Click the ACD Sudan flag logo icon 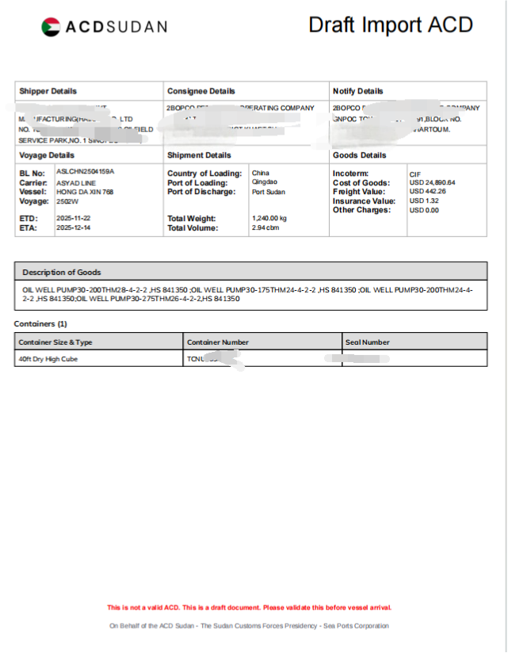tap(51, 27)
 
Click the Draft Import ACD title tap(390, 25)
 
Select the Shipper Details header tap(48, 91)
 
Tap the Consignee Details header tap(201, 91)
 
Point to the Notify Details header tap(358, 91)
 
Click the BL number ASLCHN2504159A tap(85, 171)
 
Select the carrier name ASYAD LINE tap(76, 183)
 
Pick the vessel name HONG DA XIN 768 tap(84, 192)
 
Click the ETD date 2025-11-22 tap(74, 218)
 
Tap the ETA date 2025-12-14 tap(74, 227)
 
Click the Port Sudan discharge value tap(269, 192)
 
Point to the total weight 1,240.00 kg tap(269, 218)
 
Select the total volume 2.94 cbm tap(265, 227)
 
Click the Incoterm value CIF tap(414, 174)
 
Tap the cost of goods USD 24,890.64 tap(432, 183)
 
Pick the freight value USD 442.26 tap(427, 192)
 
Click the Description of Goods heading tap(61, 272)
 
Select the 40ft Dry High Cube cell tap(49, 359)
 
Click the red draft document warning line tap(249, 608)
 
